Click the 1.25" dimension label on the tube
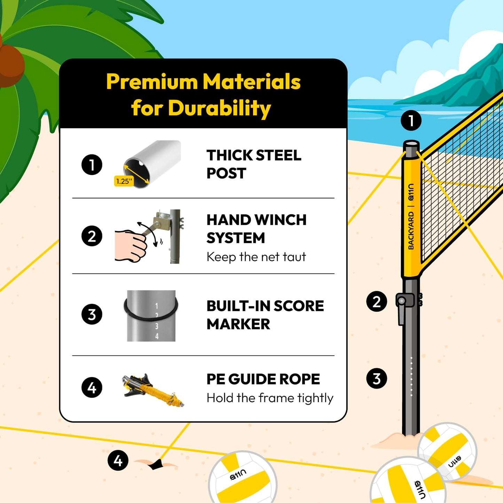click(x=124, y=181)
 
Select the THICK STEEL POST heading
click(x=253, y=164)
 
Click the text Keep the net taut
click(x=256, y=257)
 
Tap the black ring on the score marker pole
click(x=151, y=310)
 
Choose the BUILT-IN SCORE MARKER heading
click(x=265, y=315)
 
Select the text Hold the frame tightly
click(x=270, y=398)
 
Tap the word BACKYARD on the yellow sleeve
click(x=411, y=231)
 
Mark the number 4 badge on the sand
click(x=118, y=461)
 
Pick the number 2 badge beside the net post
click(x=376, y=302)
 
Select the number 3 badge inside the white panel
click(x=92, y=314)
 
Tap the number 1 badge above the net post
click(x=411, y=121)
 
